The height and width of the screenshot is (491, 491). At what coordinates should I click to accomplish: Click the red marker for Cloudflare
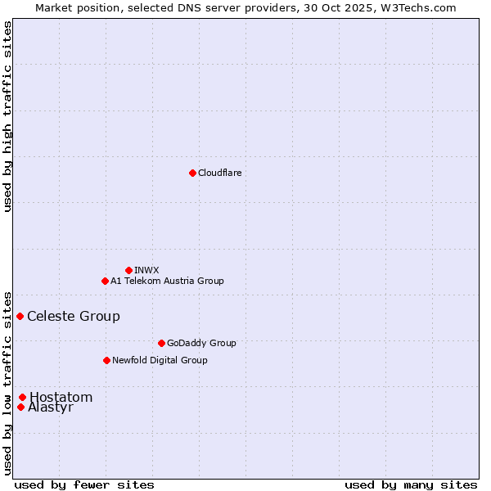pos(192,173)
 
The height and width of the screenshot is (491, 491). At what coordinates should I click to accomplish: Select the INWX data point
pos(128,270)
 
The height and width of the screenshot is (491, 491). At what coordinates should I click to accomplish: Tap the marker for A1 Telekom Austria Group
pos(105,281)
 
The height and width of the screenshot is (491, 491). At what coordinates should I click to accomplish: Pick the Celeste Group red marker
pos(20,316)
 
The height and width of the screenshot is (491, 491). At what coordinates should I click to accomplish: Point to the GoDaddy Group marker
pos(161,343)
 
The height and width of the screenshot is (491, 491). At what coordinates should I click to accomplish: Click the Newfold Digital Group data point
pos(106,360)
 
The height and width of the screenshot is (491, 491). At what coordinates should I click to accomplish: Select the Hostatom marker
pos(22,397)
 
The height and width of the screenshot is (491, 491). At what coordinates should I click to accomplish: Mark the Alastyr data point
pos(20,407)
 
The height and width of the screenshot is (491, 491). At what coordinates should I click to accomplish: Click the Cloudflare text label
pos(219,173)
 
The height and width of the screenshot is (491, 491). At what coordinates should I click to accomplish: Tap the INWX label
pos(146,270)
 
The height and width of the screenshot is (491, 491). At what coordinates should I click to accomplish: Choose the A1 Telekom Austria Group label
pos(167,281)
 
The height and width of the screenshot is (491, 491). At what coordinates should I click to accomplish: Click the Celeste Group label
pos(74,317)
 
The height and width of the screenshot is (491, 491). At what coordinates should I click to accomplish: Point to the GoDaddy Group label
pos(201,343)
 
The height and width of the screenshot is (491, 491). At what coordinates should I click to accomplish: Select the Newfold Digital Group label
pos(160,360)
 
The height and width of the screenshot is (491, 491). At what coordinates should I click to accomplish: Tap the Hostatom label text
pos(61,398)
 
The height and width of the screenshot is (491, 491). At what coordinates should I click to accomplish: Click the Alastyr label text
pos(51,408)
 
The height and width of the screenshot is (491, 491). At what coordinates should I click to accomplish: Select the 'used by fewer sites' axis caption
pos(84,484)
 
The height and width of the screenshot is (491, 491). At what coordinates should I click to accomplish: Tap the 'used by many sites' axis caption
pos(411,484)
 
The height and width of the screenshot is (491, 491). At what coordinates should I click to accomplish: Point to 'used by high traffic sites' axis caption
pos(7,115)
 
